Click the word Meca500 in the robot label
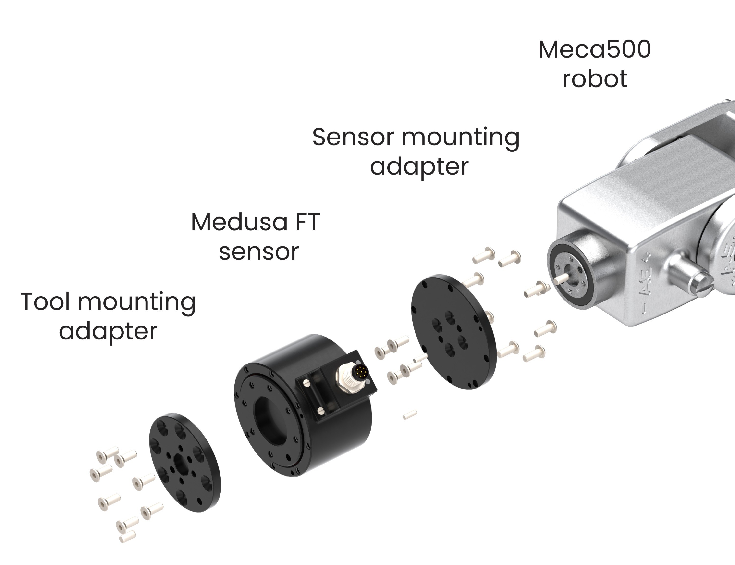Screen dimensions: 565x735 coord(594,50)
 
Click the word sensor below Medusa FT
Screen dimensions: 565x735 coord(258,251)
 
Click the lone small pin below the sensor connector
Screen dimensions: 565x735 coord(410,414)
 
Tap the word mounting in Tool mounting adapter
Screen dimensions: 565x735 coord(136,302)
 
